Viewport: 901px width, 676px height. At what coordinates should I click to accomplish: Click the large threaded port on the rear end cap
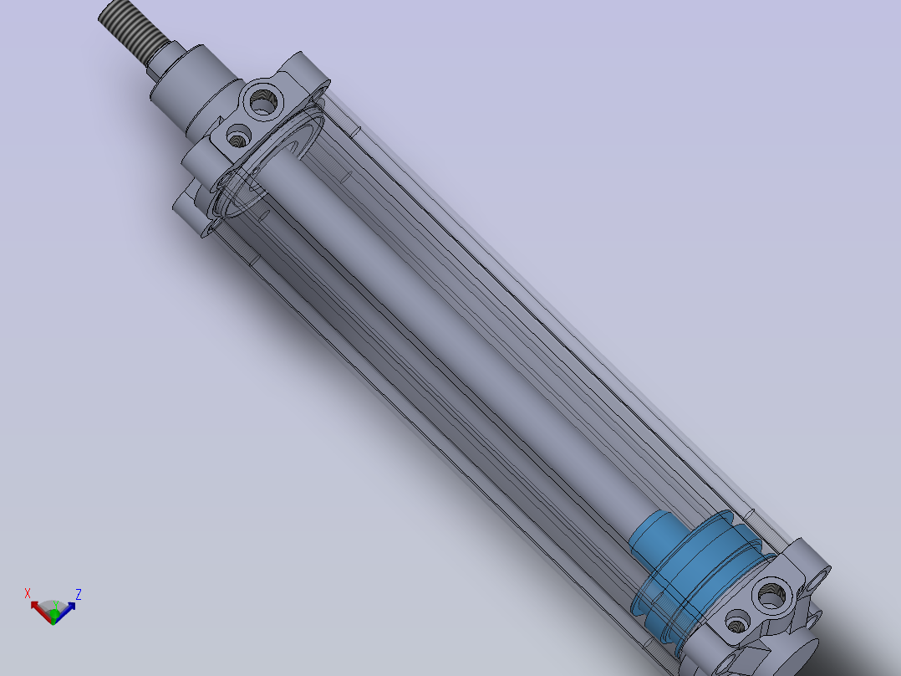771,595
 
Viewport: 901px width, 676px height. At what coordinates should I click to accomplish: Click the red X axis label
28,594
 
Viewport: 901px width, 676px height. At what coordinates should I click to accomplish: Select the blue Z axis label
79,595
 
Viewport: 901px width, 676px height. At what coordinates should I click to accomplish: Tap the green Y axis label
55,605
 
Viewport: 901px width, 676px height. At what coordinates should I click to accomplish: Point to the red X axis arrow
38,608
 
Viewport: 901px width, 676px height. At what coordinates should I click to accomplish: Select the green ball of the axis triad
54,616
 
